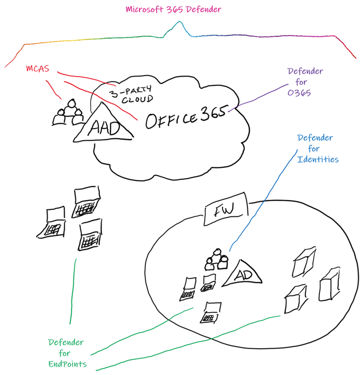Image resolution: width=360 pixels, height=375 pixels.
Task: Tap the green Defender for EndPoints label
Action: click(66, 353)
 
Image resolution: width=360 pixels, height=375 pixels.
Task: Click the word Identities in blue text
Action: click(318, 160)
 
